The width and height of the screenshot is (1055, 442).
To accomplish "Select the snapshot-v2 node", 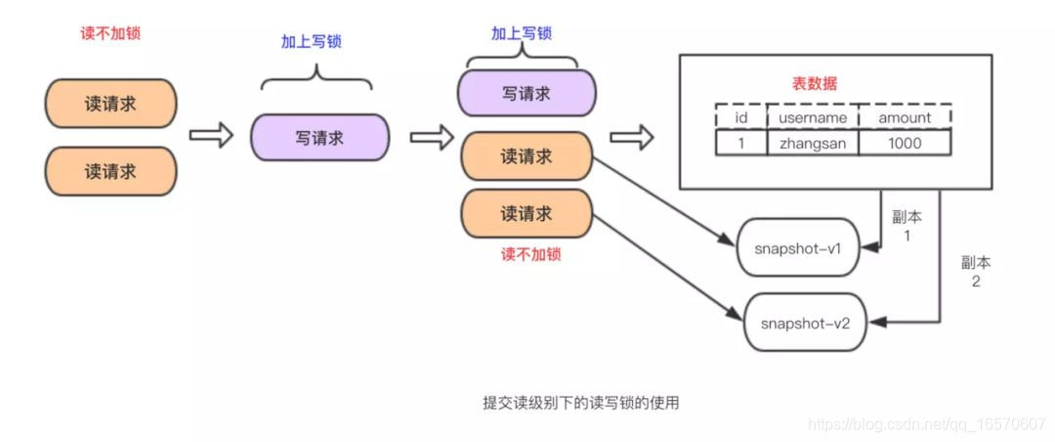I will (x=806, y=321).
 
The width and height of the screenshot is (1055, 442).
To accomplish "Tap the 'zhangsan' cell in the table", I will (x=812, y=143).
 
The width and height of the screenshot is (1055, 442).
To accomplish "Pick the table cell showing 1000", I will (x=905, y=143).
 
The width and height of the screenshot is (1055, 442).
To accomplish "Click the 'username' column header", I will (x=812, y=117).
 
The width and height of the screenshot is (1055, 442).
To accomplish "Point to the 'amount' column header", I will (x=905, y=117).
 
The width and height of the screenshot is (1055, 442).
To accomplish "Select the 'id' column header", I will (x=739, y=117).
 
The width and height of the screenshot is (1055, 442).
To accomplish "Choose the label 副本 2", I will (x=976, y=272).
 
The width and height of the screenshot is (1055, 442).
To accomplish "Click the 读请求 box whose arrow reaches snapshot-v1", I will (x=527, y=156).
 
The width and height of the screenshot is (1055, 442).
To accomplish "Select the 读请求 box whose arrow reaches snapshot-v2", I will (x=527, y=213).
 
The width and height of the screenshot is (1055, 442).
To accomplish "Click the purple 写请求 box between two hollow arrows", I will (x=319, y=138).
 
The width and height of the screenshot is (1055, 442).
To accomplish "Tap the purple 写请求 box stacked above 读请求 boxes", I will (x=527, y=95).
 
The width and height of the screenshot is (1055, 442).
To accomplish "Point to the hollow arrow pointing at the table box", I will (x=631, y=138).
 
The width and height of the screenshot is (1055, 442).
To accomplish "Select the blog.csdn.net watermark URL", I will (x=929, y=424).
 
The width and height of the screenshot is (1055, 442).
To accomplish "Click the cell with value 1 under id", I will (x=739, y=143).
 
